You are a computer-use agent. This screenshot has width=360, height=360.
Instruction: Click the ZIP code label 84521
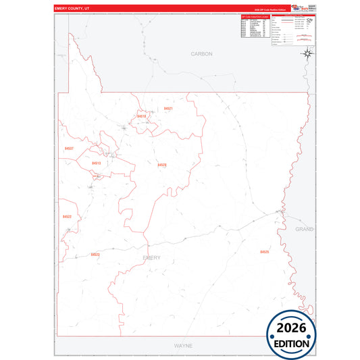(x=168, y=108)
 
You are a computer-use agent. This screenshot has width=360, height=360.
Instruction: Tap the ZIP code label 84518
(x=142, y=116)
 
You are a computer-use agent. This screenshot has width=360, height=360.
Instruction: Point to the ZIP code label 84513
(x=96, y=163)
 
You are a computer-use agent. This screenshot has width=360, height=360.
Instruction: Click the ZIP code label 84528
(x=162, y=165)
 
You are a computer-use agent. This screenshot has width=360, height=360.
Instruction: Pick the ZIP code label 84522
(x=67, y=216)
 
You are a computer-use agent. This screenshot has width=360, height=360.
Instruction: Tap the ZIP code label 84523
(x=95, y=254)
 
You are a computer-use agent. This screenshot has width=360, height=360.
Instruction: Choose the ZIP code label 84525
(x=264, y=251)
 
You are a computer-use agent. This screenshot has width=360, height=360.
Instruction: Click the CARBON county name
(x=201, y=53)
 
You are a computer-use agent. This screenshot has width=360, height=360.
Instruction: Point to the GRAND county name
(x=305, y=229)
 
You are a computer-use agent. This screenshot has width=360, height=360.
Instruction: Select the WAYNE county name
(x=183, y=345)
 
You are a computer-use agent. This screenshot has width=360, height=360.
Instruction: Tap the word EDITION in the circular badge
(x=291, y=342)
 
